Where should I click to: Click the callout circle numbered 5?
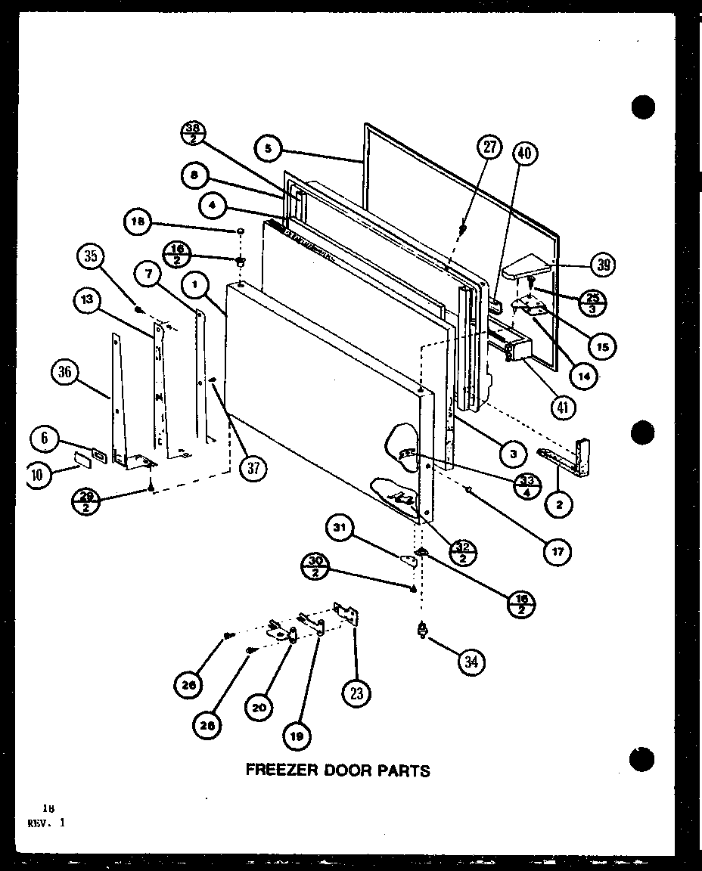(x=267, y=149)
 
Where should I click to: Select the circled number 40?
(x=523, y=153)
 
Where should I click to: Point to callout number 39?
(x=602, y=264)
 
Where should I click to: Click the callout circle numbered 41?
(x=563, y=408)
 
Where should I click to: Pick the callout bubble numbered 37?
(x=253, y=469)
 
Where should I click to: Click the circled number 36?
(x=66, y=372)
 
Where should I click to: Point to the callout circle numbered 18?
(x=137, y=222)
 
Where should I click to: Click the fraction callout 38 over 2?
(x=193, y=133)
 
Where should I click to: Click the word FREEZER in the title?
(x=275, y=770)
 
